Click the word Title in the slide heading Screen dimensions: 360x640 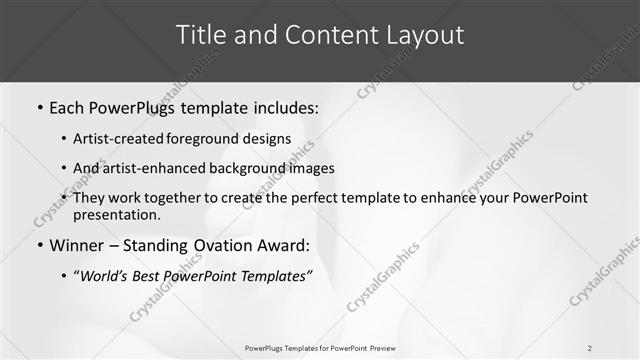[202, 35]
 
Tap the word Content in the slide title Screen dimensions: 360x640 [321, 35]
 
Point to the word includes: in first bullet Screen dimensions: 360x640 [284, 107]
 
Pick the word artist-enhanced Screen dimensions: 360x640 [152, 168]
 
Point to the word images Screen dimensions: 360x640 [311, 168]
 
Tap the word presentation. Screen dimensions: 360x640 [116, 215]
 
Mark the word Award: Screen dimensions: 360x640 [281, 245]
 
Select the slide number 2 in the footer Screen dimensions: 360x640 [590, 348]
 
